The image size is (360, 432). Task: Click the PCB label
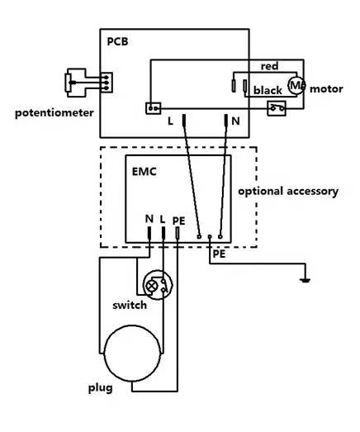click(x=117, y=41)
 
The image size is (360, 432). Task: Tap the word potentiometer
click(x=54, y=113)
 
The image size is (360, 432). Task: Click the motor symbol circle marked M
click(x=296, y=85)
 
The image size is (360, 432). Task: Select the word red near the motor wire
click(x=269, y=66)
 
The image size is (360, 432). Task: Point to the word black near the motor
click(x=268, y=90)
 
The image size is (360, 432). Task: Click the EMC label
click(x=144, y=172)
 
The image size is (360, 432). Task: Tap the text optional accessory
click(x=288, y=191)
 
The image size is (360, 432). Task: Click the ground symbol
click(x=306, y=281)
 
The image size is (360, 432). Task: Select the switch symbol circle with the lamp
click(x=158, y=285)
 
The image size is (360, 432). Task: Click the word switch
click(x=130, y=306)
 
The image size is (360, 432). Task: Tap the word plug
click(x=100, y=388)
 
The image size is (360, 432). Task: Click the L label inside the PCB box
click(x=170, y=121)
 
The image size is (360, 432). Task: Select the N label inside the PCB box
click(x=235, y=121)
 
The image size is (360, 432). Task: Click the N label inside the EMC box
click(x=149, y=219)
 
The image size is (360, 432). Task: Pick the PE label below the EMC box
click(x=220, y=254)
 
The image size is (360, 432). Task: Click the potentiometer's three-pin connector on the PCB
click(x=107, y=83)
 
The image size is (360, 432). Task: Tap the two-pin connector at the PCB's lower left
click(x=153, y=108)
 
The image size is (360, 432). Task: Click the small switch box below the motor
click(x=277, y=108)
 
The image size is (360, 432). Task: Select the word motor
click(x=326, y=89)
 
